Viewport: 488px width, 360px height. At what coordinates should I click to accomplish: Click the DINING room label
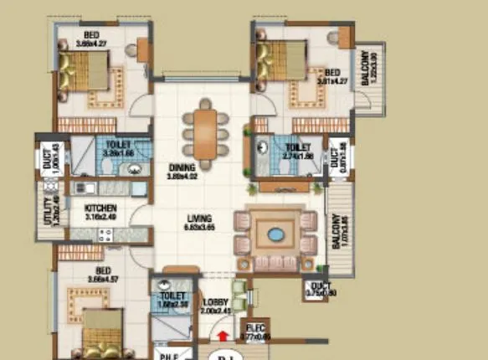pos(180,167)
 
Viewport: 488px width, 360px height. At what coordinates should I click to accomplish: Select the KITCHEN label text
pos(100,208)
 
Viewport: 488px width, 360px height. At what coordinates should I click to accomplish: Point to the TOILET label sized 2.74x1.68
pos(297,147)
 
